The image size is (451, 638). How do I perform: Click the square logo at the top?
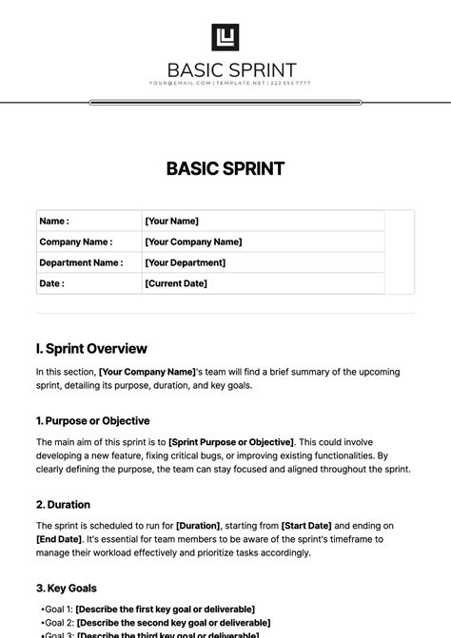225,37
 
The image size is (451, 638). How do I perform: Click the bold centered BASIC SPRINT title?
225,169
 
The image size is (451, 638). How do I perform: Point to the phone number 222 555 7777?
290,84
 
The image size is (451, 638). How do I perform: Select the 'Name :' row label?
54,221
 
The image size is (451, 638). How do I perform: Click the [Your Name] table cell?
171,221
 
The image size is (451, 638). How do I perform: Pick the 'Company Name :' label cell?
76,242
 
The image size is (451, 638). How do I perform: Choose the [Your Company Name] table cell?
193,242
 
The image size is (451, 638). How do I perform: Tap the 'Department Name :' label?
81,262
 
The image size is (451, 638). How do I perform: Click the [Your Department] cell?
185,262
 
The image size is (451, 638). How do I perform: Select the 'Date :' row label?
52,283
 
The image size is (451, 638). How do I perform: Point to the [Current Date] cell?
176,283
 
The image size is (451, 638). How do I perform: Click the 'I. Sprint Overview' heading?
91,349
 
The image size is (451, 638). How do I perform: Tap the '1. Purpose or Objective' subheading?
92,420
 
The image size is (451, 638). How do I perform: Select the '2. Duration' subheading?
63,504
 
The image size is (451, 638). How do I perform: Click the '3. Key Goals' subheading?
66,588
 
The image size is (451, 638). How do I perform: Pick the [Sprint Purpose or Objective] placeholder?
231,442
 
